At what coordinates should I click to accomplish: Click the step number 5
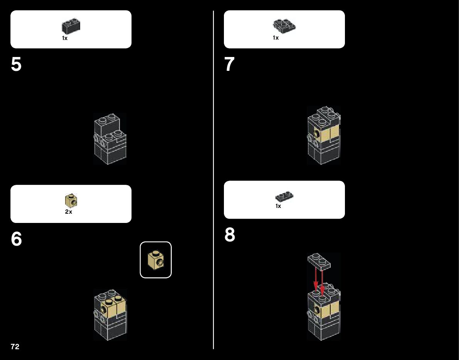(16, 65)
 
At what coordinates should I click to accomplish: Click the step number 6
(16, 239)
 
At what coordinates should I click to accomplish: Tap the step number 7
(229, 65)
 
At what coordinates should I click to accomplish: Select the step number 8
(230, 235)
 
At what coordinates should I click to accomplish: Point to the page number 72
(15, 347)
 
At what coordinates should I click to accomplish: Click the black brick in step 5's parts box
(71, 26)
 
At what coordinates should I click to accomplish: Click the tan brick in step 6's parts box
(71, 200)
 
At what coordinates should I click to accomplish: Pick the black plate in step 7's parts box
(284, 25)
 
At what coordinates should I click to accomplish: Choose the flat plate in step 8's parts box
(284, 197)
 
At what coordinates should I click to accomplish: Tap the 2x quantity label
(68, 212)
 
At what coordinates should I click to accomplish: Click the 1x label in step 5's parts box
(65, 39)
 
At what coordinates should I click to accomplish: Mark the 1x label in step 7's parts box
(276, 38)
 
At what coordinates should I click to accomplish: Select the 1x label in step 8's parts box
(278, 206)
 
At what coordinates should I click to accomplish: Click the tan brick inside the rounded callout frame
(156, 260)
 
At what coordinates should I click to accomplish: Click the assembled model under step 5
(110, 139)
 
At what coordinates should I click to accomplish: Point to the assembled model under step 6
(110, 315)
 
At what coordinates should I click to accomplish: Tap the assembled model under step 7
(324, 135)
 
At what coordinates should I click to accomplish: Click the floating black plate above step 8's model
(319, 261)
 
